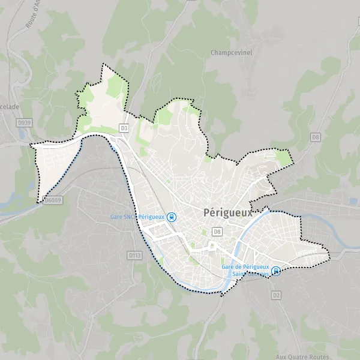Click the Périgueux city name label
[228, 212]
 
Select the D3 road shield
[124, 128]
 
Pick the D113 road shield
[134, 255]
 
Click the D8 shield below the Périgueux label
[217, 231]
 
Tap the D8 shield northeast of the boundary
[316, 137]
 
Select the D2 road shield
[277, 295]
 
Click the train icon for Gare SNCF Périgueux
[172, 217]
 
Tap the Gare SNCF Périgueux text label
[137, 217]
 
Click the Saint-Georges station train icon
[275, 271]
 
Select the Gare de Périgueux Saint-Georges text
[245, 271]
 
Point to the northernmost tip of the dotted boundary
[104, 64]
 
